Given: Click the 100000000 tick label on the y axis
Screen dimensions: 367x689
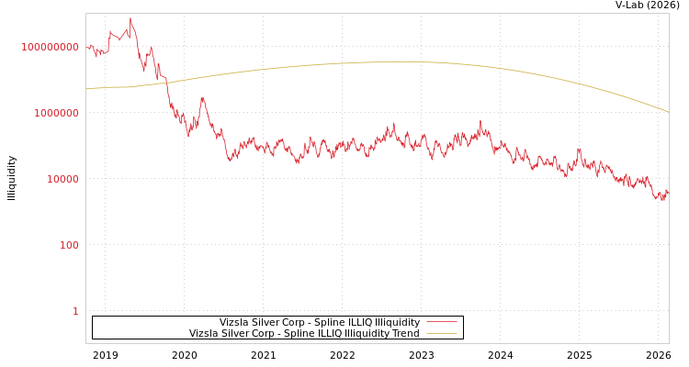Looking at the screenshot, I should point(51,47).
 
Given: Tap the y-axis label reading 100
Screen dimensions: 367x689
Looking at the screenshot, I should point(69,245).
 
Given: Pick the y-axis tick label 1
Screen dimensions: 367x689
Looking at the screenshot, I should point(75,311).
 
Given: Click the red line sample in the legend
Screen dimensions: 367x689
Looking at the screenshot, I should point(442,323).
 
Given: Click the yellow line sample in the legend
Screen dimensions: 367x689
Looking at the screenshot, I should point(442,334).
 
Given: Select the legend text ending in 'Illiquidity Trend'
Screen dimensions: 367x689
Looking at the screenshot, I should point(304,334).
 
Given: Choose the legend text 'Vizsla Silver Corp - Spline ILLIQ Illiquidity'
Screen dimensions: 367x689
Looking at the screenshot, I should point(319,323).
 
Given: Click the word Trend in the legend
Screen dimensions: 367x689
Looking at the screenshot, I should point(405,334).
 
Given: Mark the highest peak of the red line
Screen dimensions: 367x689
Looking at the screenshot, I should point(130,18).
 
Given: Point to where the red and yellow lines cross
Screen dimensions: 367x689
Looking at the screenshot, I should point(166,83).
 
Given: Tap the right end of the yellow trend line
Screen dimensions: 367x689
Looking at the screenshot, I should point(668,112).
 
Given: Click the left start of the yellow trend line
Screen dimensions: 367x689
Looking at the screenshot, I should point(86,89).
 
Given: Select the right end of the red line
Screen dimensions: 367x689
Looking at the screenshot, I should point(668,192).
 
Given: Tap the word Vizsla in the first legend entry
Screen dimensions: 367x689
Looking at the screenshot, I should point(233,323).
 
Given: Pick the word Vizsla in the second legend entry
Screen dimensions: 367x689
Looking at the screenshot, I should point(203,334).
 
